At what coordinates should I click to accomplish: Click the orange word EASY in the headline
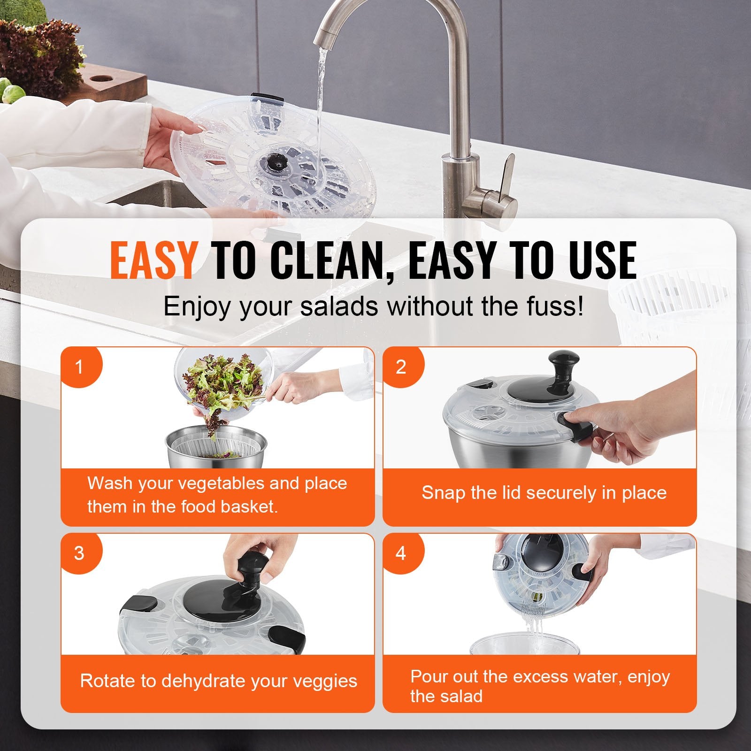tap(153, 261)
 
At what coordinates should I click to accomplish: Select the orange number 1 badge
tap(79, 367)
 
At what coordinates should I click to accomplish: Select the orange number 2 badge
tap(400, 367)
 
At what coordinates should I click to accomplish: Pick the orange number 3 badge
tap(79, 553)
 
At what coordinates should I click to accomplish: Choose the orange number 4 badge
tap(400, 553)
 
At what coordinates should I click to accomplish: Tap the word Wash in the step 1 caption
tap(109, 483)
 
